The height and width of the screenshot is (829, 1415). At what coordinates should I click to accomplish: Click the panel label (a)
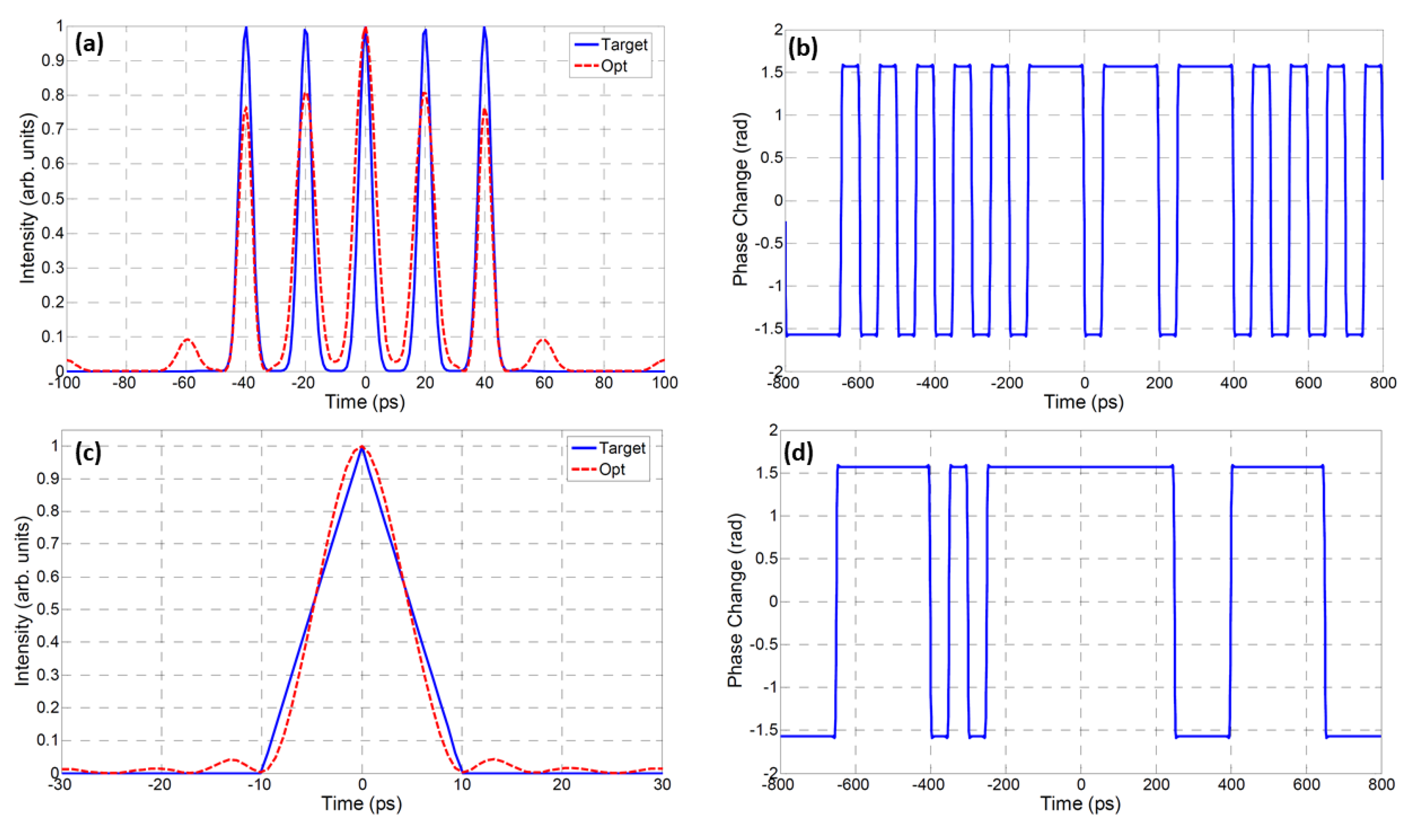[x=89, y=43]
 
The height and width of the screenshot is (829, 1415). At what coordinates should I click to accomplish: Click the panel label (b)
[x=802, y=48]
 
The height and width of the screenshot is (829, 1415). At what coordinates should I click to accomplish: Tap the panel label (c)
[x=88, y=451]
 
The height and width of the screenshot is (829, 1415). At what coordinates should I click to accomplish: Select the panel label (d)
[x=798, y=452]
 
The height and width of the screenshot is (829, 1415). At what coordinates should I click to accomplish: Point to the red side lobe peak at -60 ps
[x=186, y=339]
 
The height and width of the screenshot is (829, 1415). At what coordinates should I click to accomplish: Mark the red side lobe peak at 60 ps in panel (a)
[x=543, y=339]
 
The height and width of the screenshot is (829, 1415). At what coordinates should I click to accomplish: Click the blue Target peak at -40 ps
[x=246, y=28]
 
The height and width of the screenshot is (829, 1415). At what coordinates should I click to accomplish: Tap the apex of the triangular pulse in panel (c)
[x=362, y=447]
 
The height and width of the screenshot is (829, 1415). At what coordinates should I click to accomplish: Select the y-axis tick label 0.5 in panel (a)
[x=52, y=199]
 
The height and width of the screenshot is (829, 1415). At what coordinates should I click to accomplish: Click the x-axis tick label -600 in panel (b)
[x=858, y=383]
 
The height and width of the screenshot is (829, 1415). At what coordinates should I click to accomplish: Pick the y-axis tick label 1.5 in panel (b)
[x=772, y=72]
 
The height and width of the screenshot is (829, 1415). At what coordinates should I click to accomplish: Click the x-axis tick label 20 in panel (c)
[x=562, y=785]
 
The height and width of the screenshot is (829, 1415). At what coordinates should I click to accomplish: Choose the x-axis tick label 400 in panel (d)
[x=1231, y=785]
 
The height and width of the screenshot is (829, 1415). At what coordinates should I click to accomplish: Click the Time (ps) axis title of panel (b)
[x=1083, y=402]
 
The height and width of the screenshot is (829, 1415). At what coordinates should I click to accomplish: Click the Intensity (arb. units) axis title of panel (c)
[x=23, y=600]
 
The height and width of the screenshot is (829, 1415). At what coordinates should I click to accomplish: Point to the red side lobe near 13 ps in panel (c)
[x=493, y=759]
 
